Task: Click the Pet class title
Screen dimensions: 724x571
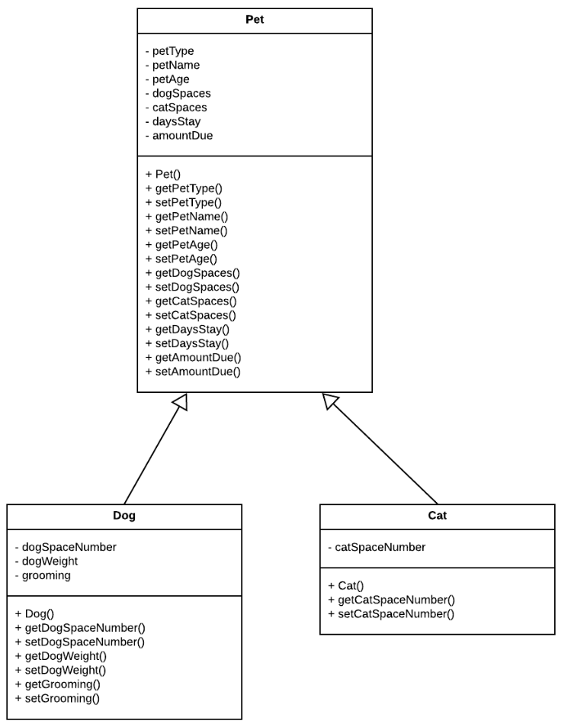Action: [x=255, y=20]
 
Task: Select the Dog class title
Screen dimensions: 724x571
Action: [x=124, y=516]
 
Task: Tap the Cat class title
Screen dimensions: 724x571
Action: [x=437, y=516]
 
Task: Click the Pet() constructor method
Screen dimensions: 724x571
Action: [x=162, y=174]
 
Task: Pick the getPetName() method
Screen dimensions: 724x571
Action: [x=186, y=216]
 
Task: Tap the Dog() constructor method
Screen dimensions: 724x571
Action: [x=34, y=613]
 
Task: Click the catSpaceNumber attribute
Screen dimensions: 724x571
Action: [x=377, y=547]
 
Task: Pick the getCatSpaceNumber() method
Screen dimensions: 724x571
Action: [x=391, y=600]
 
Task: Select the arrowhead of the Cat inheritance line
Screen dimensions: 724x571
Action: [x=330, y=401]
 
